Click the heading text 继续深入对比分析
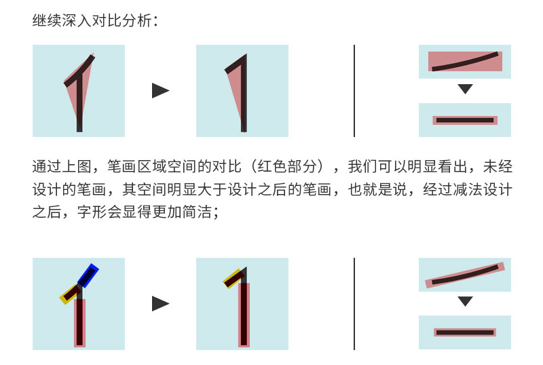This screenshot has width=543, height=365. coord(95,21)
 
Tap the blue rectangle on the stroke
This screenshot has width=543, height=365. coord(88,275)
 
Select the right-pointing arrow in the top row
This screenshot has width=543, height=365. coord(160,91)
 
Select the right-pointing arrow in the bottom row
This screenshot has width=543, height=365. coord(160,304)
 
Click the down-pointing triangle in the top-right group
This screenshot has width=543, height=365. coord(465,89)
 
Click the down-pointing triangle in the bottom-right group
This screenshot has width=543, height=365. coord(465,302)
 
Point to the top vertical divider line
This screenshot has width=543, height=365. coord(354,91)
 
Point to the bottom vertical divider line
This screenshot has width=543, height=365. coord(354,304)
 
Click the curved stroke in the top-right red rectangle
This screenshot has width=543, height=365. coord(466,61)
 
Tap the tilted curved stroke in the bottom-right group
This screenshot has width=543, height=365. coord(466,275)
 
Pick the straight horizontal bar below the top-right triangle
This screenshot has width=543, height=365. coord(465,120)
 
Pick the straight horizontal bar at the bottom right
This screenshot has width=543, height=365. coord(465,332)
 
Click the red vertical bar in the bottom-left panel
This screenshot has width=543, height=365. coord(79,322)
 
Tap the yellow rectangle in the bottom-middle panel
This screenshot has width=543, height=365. coord(233,278)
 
